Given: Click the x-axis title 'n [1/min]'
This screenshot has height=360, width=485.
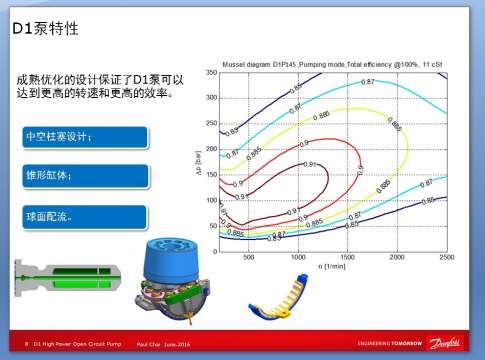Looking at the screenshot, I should tap(348, 267).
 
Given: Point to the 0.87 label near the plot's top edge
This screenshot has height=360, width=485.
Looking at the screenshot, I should tap(368, 81).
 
